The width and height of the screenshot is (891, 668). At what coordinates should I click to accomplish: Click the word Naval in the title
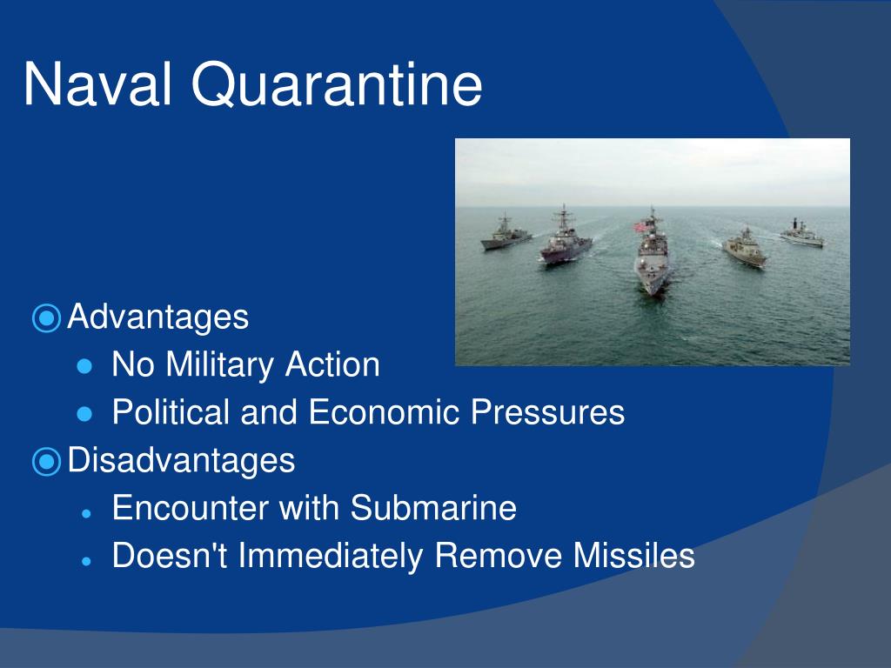click(97, 84)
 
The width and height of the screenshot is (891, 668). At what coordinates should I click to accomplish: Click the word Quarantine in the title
click(337, 85)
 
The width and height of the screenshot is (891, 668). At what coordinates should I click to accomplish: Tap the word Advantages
click(158, 317)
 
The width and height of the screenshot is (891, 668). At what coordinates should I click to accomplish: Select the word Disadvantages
click(181, 460)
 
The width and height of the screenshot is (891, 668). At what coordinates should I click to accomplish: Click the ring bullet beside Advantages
click(47, 317)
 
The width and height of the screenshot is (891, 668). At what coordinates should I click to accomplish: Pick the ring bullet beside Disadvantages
click(47, 461)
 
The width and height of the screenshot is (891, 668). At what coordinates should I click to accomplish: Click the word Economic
click(384, 411)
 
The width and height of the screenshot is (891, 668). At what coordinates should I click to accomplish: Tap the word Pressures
click(548, 411)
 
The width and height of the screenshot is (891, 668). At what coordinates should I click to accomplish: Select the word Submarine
click(433, 507)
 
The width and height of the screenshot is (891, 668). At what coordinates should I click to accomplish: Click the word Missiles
click(633, 555)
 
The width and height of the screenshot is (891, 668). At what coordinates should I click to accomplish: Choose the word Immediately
click(330, 556)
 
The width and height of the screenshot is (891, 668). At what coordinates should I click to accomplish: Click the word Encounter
click(190, 507)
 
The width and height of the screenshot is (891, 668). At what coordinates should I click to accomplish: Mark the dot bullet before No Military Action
click(84, 366)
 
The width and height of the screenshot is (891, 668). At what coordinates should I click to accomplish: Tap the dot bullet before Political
click(84, 413)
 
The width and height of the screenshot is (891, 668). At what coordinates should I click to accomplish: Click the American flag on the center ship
click(640, 227)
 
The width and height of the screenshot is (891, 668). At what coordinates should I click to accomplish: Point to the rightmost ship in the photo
click(801, 233)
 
